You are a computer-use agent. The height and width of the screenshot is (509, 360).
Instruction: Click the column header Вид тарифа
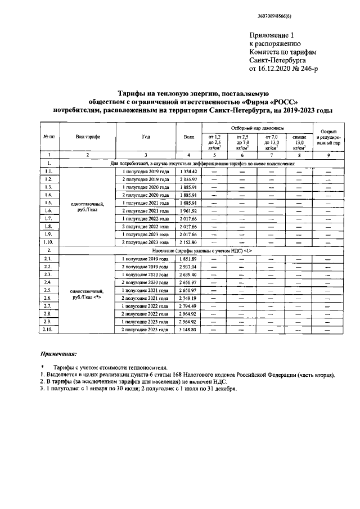tap(88, 137)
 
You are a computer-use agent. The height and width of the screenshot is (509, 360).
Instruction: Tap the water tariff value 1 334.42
tap(189, 170)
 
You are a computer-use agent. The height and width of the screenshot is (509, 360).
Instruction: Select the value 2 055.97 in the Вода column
tap(189, 178)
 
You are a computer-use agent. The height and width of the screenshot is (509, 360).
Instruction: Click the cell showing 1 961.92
tap(189, 210)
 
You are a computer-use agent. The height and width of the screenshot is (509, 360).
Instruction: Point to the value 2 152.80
tap(189, 241)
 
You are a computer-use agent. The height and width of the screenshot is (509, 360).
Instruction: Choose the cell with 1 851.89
tap(189, 258)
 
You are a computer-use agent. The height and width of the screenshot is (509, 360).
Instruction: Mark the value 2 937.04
tap(189, 266)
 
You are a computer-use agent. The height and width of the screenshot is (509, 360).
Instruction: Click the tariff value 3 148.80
tap(189, 329)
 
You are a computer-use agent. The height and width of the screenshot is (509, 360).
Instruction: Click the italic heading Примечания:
tap(58, 354)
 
